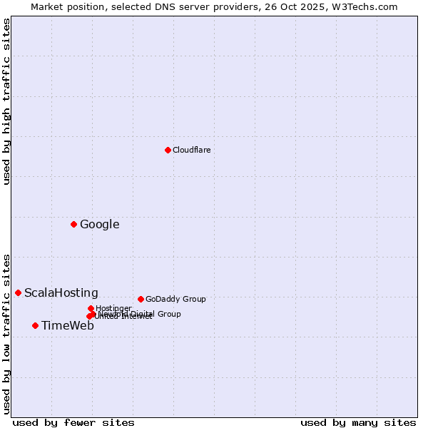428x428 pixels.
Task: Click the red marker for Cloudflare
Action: point(168,150)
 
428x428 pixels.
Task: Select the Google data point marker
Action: point(73,224)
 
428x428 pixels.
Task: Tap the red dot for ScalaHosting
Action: point(18,292)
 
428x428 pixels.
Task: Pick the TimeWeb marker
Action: point(35,325)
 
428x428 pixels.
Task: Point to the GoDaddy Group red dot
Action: point(141,299)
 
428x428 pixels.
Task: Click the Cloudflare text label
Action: point(191,150)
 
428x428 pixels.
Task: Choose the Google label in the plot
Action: point(99,225)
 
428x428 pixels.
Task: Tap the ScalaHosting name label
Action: point(61,292)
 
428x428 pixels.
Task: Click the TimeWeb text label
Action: point(67,326)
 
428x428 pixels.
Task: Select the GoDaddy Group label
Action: point(175,299)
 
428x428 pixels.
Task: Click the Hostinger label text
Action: point(113,308)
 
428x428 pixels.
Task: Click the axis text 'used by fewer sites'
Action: point(73,422)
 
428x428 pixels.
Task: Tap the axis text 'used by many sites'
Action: point(358,422)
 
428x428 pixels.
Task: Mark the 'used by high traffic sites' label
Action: point(6,101)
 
